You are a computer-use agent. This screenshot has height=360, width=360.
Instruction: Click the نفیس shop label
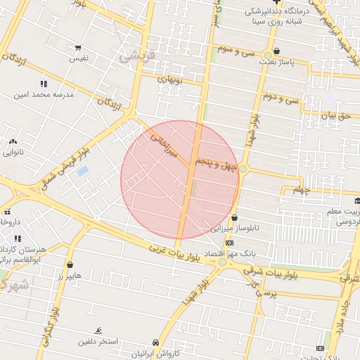(x=77, y=59)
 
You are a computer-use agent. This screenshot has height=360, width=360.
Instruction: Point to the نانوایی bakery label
(x=13, y=151)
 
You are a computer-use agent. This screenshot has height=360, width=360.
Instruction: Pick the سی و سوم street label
(x=235, y=51)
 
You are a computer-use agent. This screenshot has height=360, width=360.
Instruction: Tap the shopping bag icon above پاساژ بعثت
(x=276, y=51)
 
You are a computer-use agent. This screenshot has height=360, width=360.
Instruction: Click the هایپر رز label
(x=70, y=275)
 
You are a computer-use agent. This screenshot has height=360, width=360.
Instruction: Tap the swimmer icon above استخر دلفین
(x=98, y=330)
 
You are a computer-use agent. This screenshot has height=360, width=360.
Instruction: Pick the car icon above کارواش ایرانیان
(x=156, y=343)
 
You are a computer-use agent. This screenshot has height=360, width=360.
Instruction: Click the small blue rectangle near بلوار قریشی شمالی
(x=82, y=171)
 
